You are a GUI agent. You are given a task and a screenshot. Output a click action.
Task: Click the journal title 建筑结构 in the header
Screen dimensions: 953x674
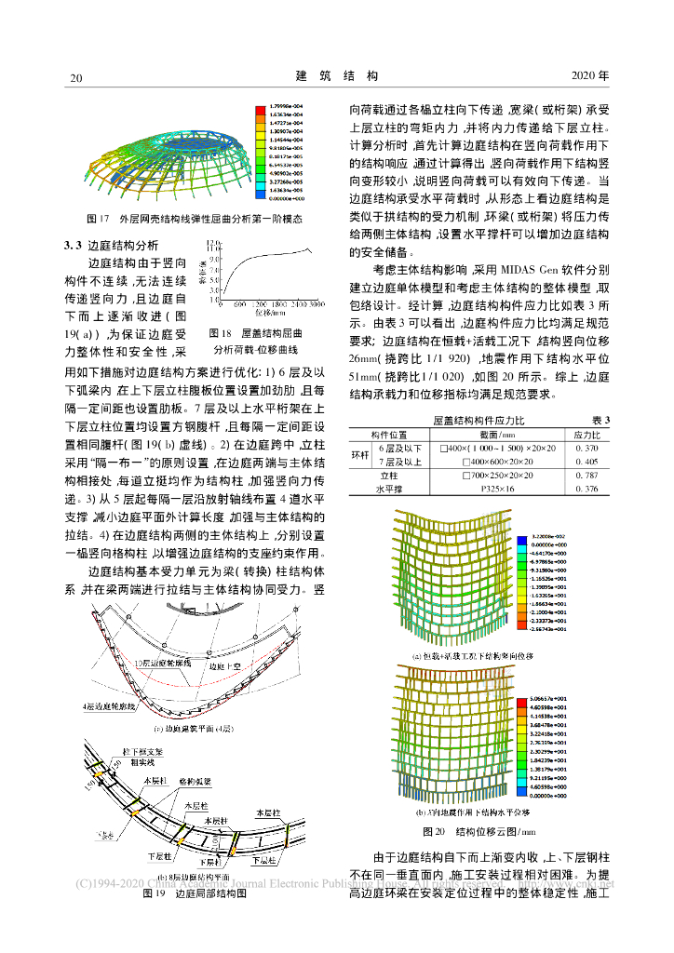[x=337, y=74]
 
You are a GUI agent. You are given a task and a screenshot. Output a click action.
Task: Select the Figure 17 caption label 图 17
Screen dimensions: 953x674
[x=98, y=221]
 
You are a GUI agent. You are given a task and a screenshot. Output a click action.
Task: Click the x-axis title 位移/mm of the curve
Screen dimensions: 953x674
[x=272, y=315]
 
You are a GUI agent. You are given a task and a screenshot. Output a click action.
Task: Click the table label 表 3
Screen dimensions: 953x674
[x=600, y=422]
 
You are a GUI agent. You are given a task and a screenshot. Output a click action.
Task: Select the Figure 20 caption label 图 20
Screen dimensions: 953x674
[x=435, y=830]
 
